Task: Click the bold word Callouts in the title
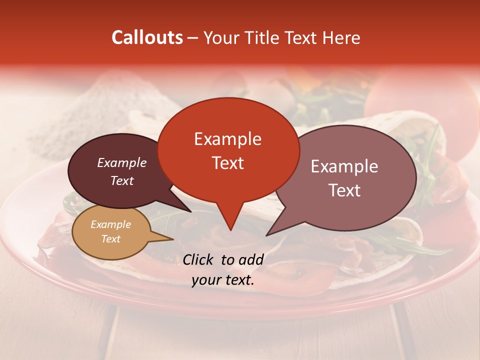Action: pos(147,38)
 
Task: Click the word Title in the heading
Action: pos(263,38)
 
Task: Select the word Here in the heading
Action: pos(341,38)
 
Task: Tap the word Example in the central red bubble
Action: pos(227,139)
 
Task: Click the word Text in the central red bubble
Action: pos(227,162)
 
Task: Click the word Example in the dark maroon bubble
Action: pos(122,162)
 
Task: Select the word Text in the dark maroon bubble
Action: pos(122,181)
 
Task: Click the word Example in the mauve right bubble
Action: pos(344,166)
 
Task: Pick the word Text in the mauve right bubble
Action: pos(344,190)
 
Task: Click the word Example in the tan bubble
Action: pos(110,224)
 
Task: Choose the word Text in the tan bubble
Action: pos(110,239)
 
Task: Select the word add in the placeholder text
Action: pos(251,259)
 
